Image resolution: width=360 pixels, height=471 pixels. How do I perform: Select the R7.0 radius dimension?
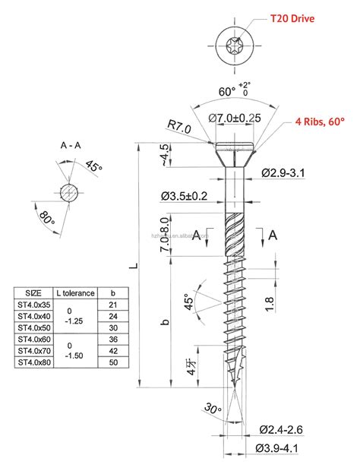pyautogui.click(x=180, y=124)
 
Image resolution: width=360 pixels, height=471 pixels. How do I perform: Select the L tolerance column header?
pyautogui.click(x=74, y=292)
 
